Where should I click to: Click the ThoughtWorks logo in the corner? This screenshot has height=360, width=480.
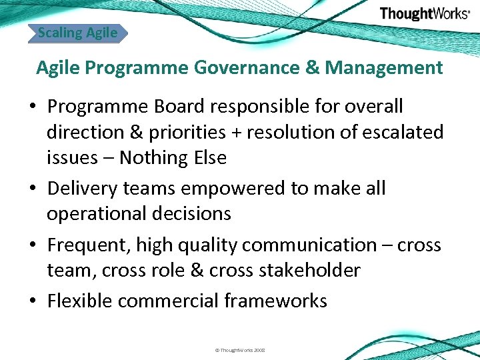point(424,13)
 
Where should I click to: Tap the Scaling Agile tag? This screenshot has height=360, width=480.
point(77,32)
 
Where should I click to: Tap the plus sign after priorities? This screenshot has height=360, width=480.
point(236,133)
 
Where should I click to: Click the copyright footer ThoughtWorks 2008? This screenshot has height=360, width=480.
point(240,349)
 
